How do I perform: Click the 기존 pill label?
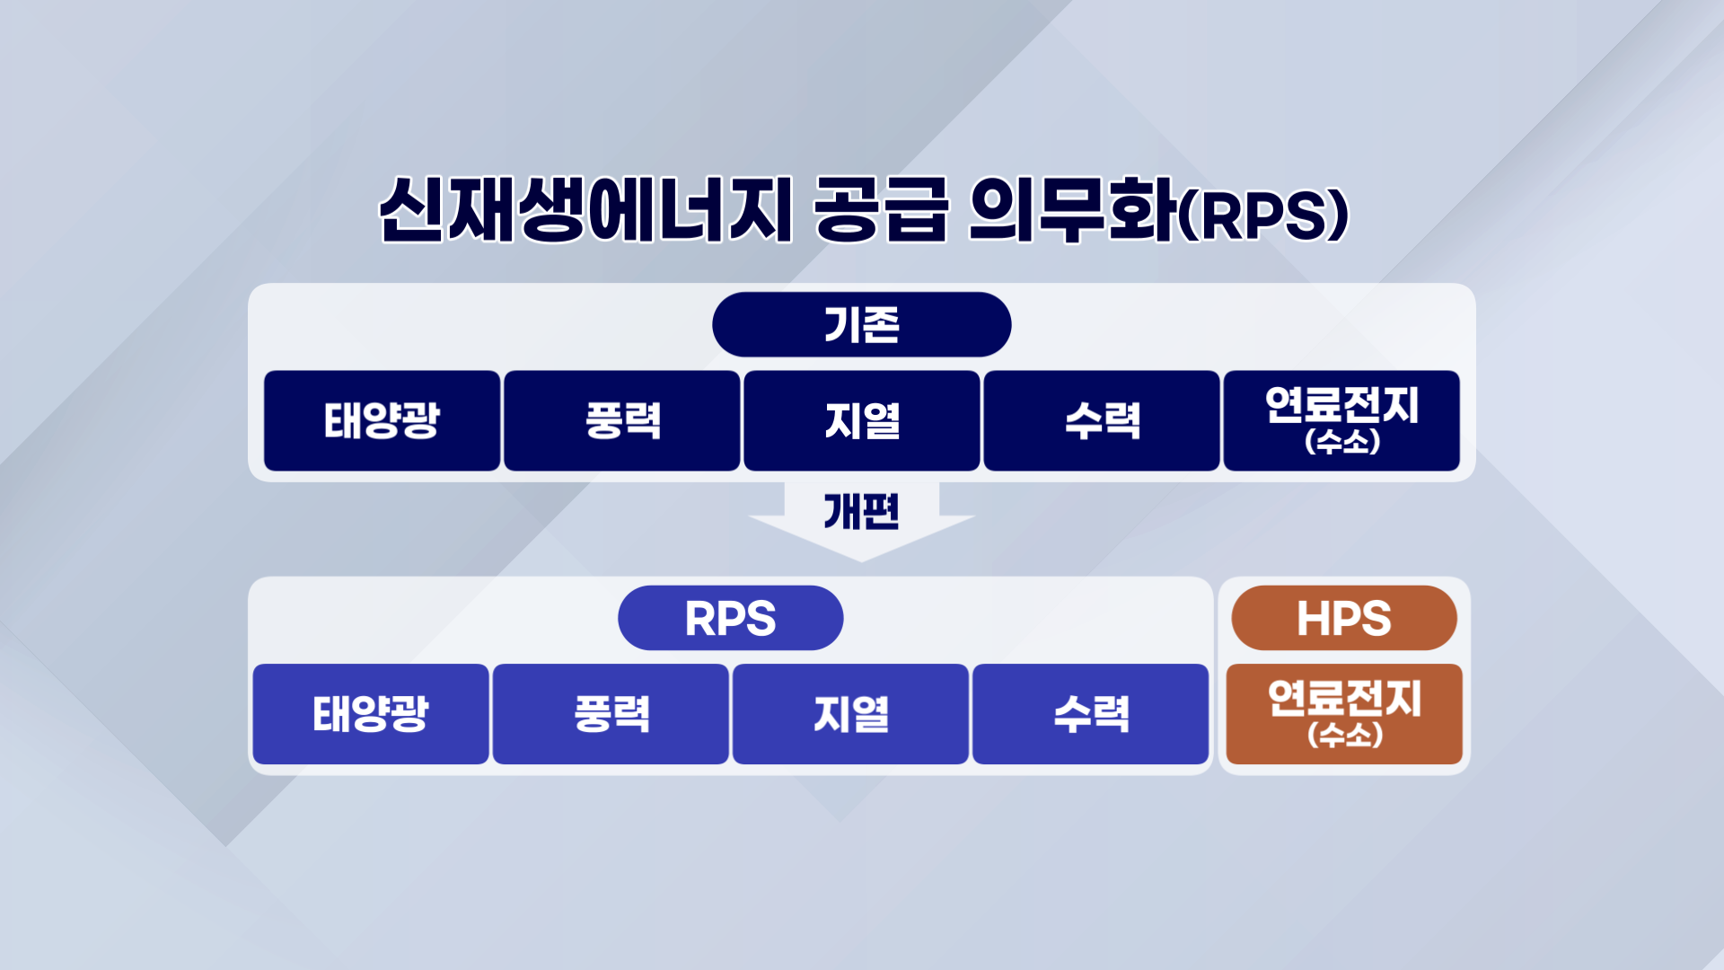(x=862, y=324)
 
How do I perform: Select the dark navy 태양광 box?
(x=382, y=420)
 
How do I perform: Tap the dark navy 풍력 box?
(x=622, y=420)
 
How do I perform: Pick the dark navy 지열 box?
(x=862, y=420)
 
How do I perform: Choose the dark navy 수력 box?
(x=1102, y=420)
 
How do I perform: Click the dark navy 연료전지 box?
(x=1341, y=420)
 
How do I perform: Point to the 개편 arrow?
(x=862, y=521)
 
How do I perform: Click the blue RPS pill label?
(x=731, y=618)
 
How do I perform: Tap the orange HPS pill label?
(x=1344, y=618)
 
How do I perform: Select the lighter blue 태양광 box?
(x=371, y=714)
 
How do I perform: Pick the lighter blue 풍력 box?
(x=611, y=714)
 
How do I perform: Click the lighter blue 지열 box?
(x=850, y=714)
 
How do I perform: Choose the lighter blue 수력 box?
(x=1090, y=714)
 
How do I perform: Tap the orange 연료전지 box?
(x=1344, y=714)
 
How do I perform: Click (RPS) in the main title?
(x=1262, y=216)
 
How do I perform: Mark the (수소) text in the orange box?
(x=1345, y=735)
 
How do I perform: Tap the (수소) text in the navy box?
(x=1342, y=441)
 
